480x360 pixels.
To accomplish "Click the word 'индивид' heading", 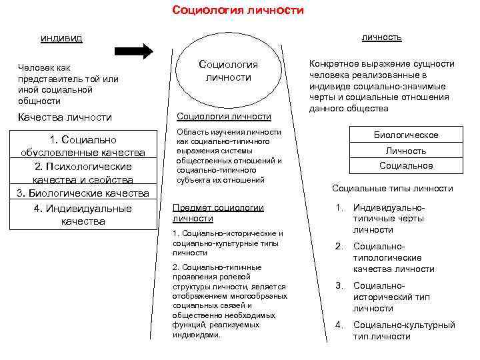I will [x=61, y=37].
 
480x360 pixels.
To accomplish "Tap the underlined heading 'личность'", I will [x=381, y=37].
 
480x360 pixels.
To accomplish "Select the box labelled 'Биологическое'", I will [x=405, y=135].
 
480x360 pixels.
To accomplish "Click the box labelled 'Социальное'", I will [x=405, y=165].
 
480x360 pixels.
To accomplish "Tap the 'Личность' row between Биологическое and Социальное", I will [x=405, y=151].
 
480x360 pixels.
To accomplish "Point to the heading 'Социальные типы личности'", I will [x=392, y=189].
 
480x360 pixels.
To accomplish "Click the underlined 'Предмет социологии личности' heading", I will [x=218, y=213].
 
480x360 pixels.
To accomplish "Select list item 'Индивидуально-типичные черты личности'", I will [x=389, y=219].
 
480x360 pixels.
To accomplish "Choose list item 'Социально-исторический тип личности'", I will [x=389, y=297].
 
